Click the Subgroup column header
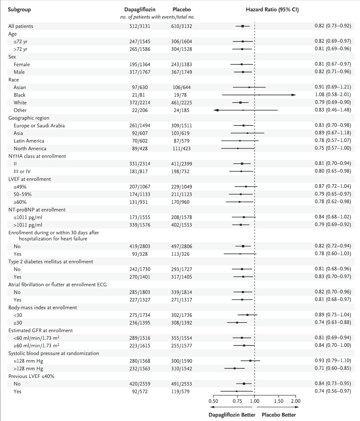pos(19,10)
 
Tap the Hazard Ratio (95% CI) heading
pos(272,10)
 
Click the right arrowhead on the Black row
pos(294,95)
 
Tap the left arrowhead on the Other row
pos(216,110)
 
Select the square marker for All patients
pos(243,26)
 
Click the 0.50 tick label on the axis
pos(213,401)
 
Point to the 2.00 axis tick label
pos(296,401)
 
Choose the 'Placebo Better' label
pos(278,415)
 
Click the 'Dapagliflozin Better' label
pos(232,415)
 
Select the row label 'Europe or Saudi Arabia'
pos(39,125)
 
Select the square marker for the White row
pos(240,103)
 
